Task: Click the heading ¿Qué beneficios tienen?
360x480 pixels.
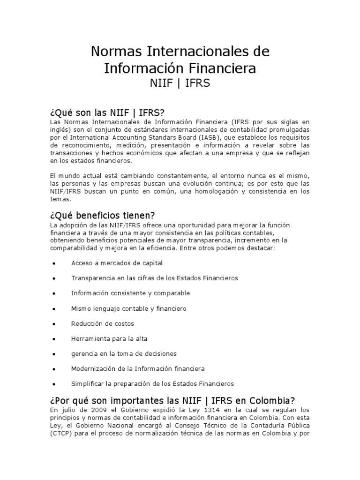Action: tap(102, 215)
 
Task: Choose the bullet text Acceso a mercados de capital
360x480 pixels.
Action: tap(117, 263)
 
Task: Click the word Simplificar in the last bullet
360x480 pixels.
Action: tap(87, 384)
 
